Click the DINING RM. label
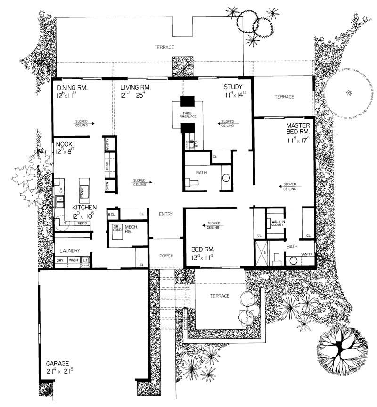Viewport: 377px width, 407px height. [x=73, y=88]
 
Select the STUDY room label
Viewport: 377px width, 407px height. [x=233, y=87]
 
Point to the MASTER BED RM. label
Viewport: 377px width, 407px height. [x=298, y=129]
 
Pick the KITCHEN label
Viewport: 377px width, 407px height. [x=84, y=207]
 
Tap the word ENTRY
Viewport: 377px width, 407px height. [x=165, y=214]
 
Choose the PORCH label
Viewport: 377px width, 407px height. [x=166, y=256]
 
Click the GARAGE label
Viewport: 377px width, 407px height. [x=58, y=364]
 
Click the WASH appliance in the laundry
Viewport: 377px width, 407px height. [x=74, y=260]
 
